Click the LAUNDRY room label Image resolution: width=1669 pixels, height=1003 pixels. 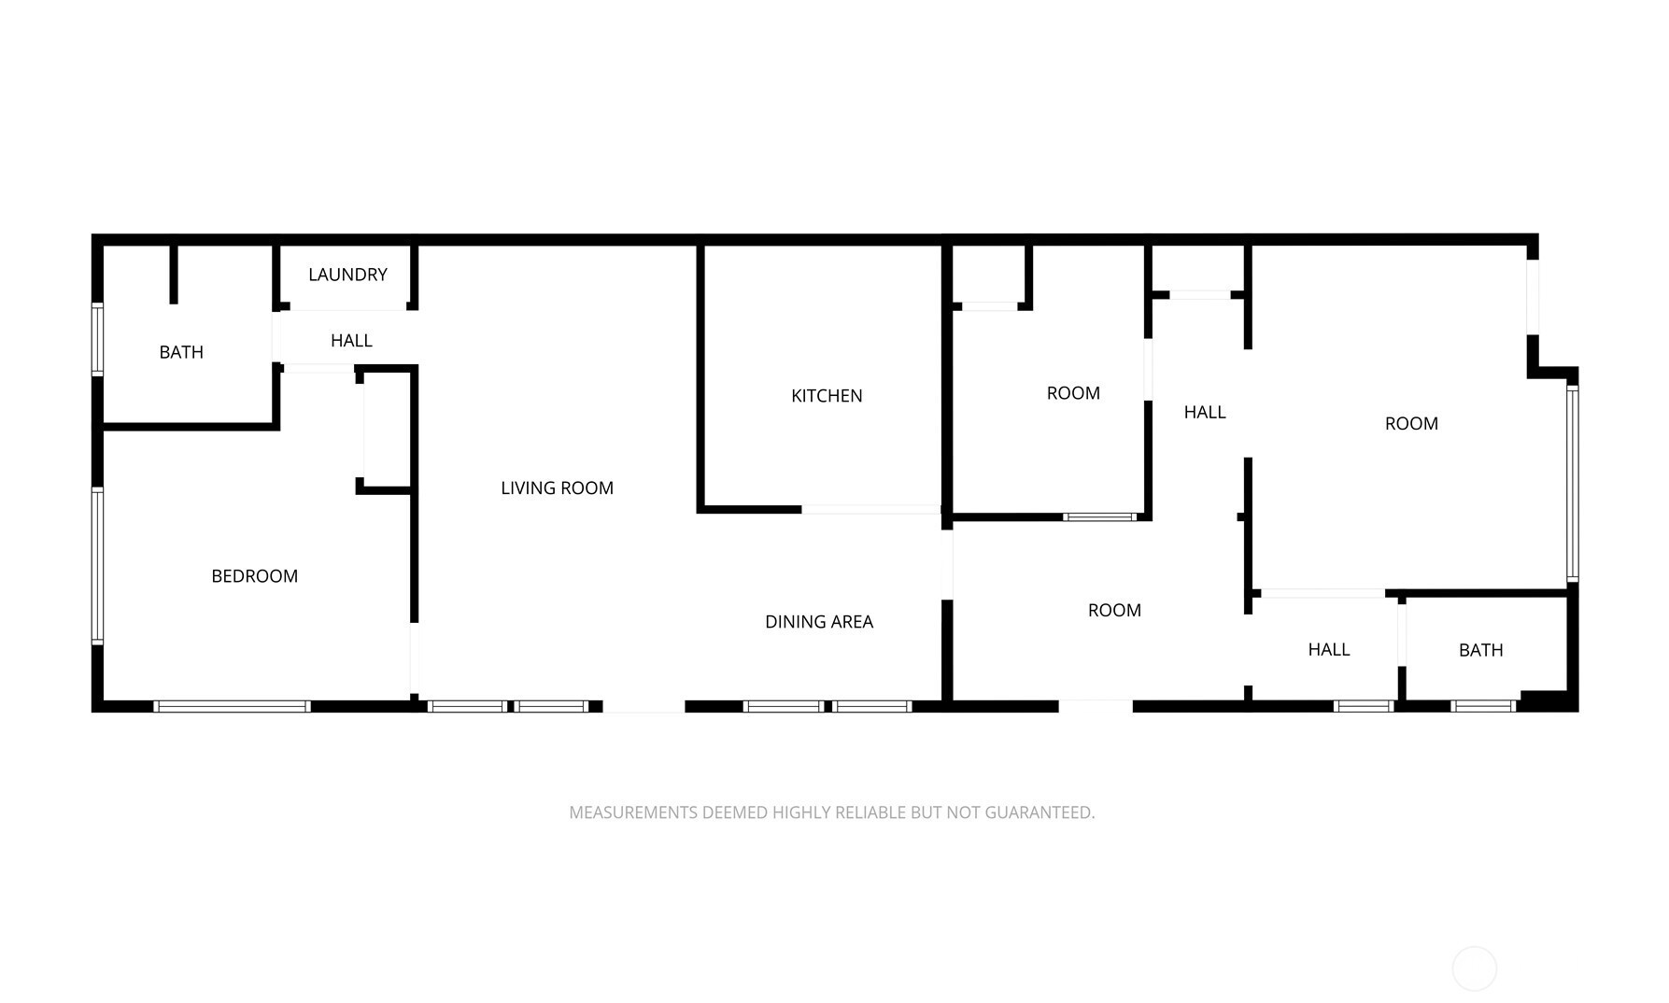pyautogui.click(x=347, y=275)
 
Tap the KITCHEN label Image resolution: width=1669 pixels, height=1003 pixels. pyautogui.click(x=827, y=396)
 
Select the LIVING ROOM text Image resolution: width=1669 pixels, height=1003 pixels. pyautogui.click(x=557, y=487)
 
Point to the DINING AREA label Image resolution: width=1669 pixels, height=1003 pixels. pyautogui.click(x=819, y=622)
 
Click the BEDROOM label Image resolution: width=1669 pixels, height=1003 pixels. pyautogui.click(x=254, y=576)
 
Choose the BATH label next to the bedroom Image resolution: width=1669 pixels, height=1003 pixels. pyautogui.click(x=181, y=352)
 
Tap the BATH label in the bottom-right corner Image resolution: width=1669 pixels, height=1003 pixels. pyautogui.click(x=1481, y=650)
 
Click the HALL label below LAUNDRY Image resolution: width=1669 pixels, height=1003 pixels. pyautogui.click(x=351, y=341)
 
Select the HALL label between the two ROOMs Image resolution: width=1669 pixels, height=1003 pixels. pyautogui.click(x=1205, y=412)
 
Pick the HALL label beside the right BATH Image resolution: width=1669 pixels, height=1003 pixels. pyautogui.click(x=1329, y=649)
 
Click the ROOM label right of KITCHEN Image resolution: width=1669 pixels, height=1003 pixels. pyautogui.click(x=1073, y=393)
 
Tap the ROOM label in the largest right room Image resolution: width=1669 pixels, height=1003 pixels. pyautogui.click(x=1411, y=424)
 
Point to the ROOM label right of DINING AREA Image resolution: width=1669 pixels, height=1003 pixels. pyautogui.click(x=1114, y=611)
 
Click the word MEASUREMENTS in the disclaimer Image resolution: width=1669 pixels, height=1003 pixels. pyautogui.click(x=633, y=812)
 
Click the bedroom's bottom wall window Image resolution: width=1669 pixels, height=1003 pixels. pyautogui.click(x=233, y=706)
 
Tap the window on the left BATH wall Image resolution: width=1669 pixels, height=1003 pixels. pyautogui.click(x=97, y=339)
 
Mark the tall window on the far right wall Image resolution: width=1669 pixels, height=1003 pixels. pyautogui.click(x=1573, y=484)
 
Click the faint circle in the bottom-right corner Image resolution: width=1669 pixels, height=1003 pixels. pyautogui.click(x=1475, y=968)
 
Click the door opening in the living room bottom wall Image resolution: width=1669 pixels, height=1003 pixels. pyautogui.click(x=644, y=706)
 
